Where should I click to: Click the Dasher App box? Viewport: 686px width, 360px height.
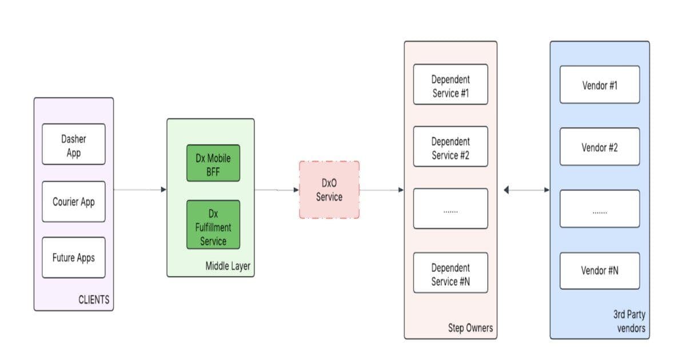click(73, 145)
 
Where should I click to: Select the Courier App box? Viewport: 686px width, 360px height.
click(73, 202)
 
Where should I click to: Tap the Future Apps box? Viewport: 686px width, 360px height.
click(73, 258)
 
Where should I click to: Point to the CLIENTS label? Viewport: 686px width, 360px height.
click(94, 299)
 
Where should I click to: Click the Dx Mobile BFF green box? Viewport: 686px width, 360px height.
click(213, 163)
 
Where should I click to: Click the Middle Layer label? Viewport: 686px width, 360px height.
click(228, 266)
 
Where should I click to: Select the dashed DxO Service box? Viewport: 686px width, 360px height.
click(329, 190)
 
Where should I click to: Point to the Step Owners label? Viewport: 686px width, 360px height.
click(470, 328)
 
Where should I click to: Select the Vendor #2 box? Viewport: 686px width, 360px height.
click(599, 147)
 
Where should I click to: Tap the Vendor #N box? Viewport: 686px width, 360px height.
click(599, 271)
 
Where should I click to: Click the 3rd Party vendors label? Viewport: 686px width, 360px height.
click(630, 321)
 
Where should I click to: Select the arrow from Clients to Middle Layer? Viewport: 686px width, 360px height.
click(140, 189)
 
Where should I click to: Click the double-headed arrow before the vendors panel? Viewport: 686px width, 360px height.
click(527, 190)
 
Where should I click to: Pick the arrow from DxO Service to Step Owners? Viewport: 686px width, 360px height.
click(381, 190)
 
